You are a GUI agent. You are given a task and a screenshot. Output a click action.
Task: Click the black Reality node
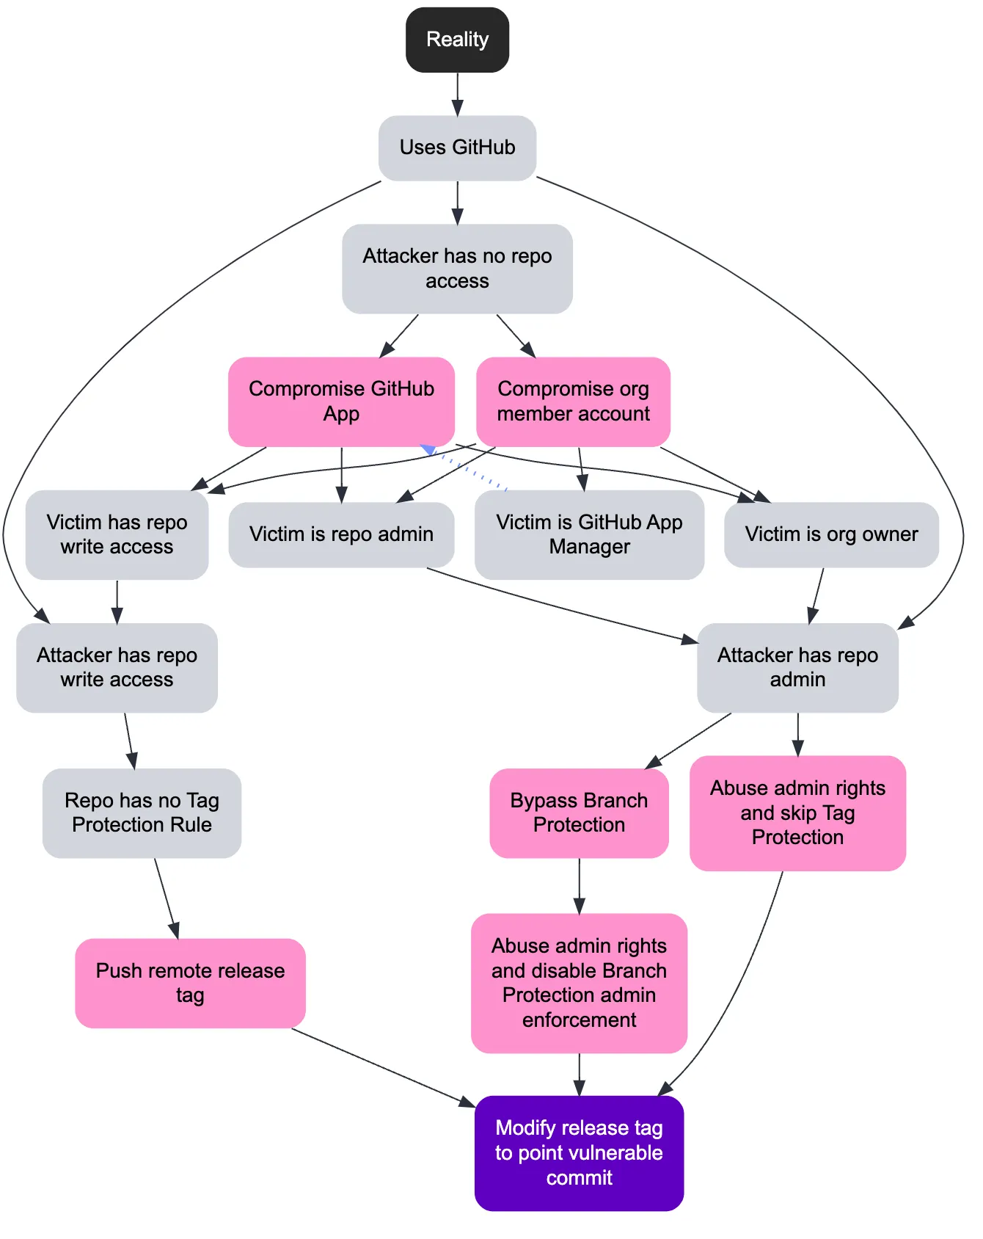(457, 40)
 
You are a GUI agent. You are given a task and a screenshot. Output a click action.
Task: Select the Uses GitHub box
(457, 148)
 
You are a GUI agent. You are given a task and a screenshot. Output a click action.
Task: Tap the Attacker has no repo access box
(457, 269)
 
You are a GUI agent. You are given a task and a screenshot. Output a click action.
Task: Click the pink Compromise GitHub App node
(341, 402)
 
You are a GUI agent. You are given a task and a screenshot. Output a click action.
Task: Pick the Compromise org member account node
(573, 402)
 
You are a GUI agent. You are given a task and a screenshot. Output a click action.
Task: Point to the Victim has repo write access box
(117, 534)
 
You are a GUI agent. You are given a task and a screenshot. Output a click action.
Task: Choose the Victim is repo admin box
(341, 534)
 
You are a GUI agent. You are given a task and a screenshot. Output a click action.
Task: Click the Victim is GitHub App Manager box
(589, 534)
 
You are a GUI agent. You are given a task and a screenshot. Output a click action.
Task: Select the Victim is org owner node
(831, 534)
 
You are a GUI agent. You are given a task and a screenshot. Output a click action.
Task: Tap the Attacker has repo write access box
(117, 667)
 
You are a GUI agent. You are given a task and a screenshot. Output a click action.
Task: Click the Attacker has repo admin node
(797, 667)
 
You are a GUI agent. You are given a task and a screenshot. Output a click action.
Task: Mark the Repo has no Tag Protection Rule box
(142, 813)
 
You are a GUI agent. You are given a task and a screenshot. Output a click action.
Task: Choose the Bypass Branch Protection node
(579, 813)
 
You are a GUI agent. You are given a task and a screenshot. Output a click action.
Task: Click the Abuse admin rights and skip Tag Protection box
(797, 813)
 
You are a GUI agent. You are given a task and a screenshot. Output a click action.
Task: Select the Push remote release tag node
(190, 983)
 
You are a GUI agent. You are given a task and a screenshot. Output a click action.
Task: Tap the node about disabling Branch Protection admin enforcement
(579, 983)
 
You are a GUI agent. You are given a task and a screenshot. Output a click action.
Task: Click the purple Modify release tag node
(579, 1152)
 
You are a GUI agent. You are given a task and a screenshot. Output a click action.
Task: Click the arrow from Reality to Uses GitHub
(457, 93)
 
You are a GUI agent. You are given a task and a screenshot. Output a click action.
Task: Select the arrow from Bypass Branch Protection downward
(579, 884)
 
